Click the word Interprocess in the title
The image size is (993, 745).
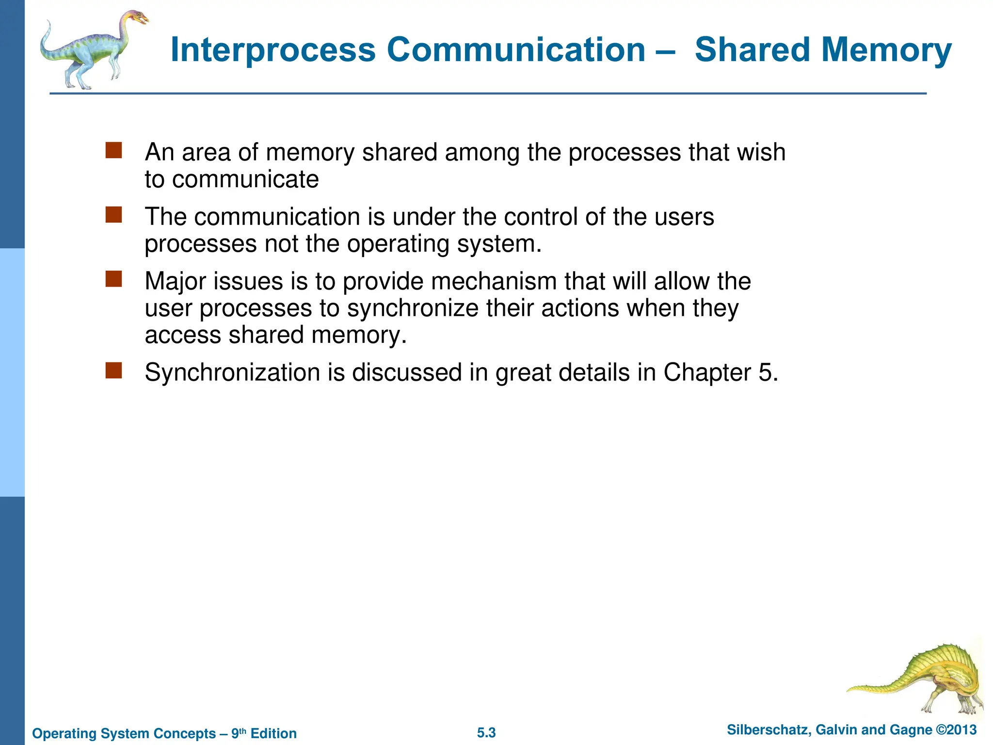coord(273,50)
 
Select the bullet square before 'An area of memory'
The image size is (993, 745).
coord(113,150)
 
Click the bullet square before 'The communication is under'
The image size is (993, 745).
coord(113,214)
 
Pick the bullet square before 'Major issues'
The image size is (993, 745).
coord(113,279)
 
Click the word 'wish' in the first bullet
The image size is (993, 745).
coord(761,152)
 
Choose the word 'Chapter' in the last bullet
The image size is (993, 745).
coord(707,373)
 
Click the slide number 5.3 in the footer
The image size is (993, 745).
coord(486,733)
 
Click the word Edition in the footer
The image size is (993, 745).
coord(273,733)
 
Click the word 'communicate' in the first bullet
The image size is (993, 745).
coord(245,180)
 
